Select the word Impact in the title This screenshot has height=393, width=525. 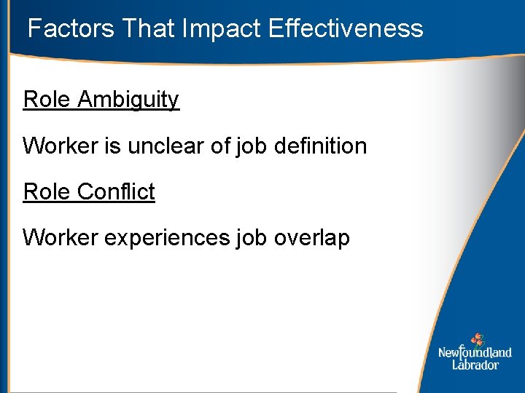pyautogui.click(x=222, y=28)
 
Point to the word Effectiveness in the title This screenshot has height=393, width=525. pyautogui.click(x=346, y=28)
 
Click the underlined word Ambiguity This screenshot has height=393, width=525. pyautogui.click(x=128, y=100)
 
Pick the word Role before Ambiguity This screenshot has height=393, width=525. pyautogui.click(x=47, y=100)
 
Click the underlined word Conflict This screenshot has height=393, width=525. pyautogui.click(x=116, y=192)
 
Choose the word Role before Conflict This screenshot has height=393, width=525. pyautogui.click(x=47, y=192)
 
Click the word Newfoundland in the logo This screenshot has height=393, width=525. pyautogui.click(x=475, y=353)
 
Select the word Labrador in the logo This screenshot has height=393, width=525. pyautogui.click(x=475, y=365)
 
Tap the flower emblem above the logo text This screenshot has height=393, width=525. pyautogui.click(x=478, y=339)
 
